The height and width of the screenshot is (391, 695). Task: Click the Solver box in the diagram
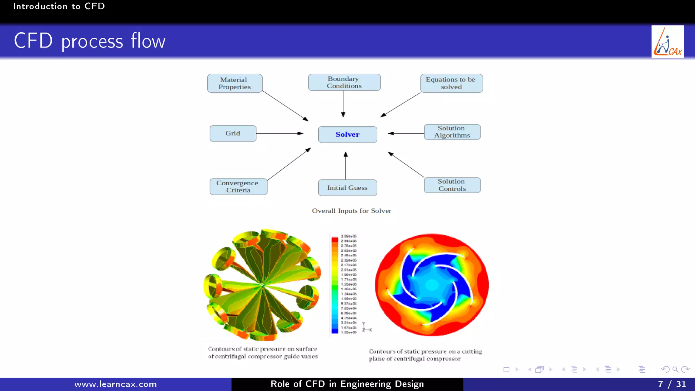(x=347, y=134)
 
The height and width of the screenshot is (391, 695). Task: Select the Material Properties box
(x=234, y=83)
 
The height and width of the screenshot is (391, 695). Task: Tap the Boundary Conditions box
(x=344, y=82)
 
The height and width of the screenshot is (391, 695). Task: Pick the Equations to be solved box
(x=451, y=83)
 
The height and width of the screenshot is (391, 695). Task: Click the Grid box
(x=233, y=133)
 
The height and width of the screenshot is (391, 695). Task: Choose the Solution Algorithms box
(x=452, y=132)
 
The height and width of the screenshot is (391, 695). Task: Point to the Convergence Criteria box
(x=238, y=186)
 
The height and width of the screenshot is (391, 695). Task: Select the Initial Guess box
(x=347, y=188)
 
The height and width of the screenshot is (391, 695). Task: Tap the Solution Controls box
(x=452, y=185)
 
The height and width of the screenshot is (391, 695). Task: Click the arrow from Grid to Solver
(x=280, y=133)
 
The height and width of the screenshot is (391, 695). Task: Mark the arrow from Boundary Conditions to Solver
(x=343, y=104)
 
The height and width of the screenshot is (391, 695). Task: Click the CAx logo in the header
(x=668, y=42)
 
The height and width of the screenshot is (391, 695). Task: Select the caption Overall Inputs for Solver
(x=352, y=211)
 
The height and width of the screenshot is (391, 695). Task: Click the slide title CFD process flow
(x=90, y=41)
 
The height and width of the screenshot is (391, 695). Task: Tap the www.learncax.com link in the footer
(x=116, y=384)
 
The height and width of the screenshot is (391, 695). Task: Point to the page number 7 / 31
(x=672, y=384)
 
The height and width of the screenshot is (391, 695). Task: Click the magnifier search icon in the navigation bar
(x=675, y=369)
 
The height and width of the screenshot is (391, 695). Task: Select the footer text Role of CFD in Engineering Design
(x=347, y=384)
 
